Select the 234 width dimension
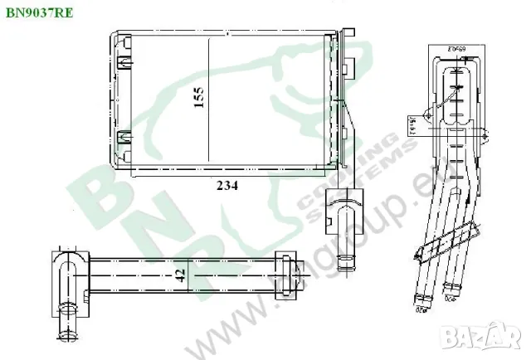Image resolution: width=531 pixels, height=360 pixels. pos(228,186)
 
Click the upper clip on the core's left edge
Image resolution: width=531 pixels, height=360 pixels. pos(124,63)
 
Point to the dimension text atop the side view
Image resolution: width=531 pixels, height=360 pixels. pos(455,50)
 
